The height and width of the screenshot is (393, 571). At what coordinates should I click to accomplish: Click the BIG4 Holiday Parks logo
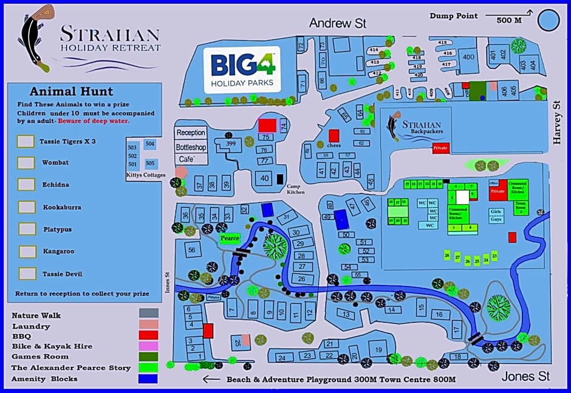pyautogui.click(x=242, y=69)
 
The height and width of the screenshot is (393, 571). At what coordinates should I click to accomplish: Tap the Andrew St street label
pyautogui.click(x=337, y=24)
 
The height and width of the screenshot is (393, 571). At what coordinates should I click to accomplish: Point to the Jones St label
pyautogui.click(x=525, y=377)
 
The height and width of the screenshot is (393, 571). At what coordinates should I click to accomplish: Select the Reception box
pyautogui.click(x=191, y=132)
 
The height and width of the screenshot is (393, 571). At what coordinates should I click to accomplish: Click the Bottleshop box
pyautogui.click(x=191, y=147)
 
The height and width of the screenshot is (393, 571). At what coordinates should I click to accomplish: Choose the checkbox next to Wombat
pyautogui.click(x=26, y=163)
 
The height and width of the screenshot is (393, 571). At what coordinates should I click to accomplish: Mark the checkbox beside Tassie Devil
pyautogui.click(x=27, y=274)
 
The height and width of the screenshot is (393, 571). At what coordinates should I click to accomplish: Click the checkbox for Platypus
pyautogui.click(x=27, y=229)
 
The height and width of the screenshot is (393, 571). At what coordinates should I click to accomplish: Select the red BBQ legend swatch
pyautogui.click(x=148, y=335)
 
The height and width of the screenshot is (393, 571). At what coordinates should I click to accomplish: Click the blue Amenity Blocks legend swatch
pyautogui.click(x=148, y=379)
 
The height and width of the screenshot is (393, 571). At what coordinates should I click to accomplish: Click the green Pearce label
pyautogui.click(x=230, y=238)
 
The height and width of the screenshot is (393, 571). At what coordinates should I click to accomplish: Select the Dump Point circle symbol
pyautogui.click(x=549, y=20)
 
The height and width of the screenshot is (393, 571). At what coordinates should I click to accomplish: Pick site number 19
pyautogui.click(x=378, y=349)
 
